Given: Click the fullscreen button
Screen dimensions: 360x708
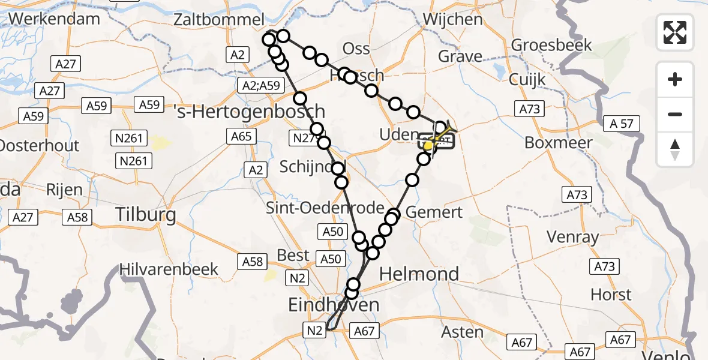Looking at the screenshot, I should click(x=675, y=32).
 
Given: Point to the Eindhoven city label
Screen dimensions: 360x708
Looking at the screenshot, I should click(x=334, y=305).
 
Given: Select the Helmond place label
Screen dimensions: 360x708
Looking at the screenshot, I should click(x=419, y=274).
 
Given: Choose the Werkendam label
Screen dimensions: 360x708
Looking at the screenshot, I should click(x=54, y=19).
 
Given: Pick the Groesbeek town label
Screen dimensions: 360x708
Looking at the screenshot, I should click(x=551, y=45).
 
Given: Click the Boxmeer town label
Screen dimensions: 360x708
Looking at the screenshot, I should click(x=558, y=143).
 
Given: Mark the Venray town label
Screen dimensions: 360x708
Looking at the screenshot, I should click(x=572, y=237).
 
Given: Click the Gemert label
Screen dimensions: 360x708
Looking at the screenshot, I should click(x=434, y=212).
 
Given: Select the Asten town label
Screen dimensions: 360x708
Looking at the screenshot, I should click(x=462, y=331).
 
